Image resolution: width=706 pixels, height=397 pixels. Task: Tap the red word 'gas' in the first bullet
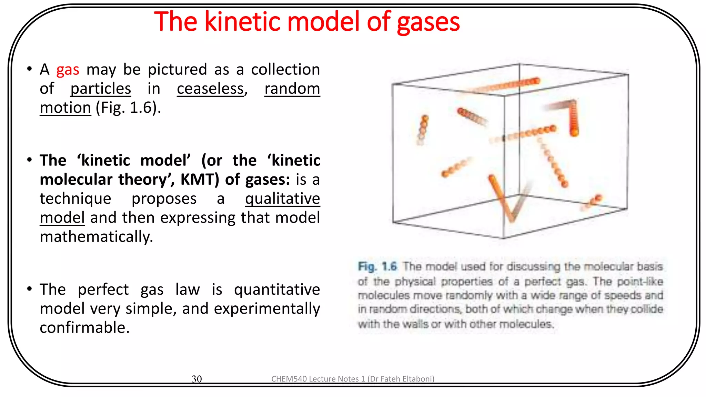tap(68, 70)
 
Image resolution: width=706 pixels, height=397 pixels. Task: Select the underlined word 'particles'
tap(101, 89)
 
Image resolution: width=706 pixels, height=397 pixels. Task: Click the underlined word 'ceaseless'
tap(210, 89)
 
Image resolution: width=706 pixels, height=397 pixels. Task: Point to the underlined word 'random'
tap(292, 89)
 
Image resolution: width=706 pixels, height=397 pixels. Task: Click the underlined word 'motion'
tap(65, 108)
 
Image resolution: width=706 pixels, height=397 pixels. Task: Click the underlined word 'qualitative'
tap(282, 199)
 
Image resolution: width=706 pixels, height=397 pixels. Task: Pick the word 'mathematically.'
tap(96, 237)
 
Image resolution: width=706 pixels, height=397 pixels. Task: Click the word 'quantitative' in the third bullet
tap(277, 289)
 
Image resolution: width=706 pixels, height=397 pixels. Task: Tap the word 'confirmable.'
tap(84, 328)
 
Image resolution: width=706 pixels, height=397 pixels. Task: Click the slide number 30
tap(196, 379)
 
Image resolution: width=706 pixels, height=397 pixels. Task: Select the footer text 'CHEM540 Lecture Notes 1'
tap(318, 379)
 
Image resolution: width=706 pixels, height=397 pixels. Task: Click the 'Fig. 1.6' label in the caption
tap(377, 266)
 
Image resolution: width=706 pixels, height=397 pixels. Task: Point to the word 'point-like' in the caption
tap(640, 281)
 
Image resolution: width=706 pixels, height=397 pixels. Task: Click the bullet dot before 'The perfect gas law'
tap(30, 288)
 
